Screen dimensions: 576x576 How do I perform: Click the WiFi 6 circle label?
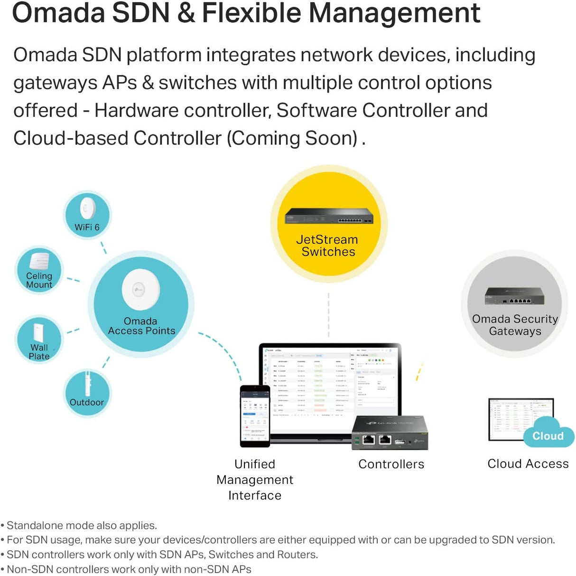click(87, 227)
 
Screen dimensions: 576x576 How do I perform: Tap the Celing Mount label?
click(39, 280)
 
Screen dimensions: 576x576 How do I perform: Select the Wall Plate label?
click(39, 352)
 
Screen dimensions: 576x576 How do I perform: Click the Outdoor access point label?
click(86, 402)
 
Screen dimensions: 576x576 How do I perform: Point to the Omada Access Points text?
click(141, 326)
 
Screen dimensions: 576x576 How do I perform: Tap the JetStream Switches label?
click(328, 246)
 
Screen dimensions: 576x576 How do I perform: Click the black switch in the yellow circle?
click(329, 217)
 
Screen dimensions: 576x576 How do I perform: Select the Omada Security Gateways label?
click(515, 325)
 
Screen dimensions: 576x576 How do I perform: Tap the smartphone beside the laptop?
click(255, 416)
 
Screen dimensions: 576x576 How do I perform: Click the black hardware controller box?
click(390, 433)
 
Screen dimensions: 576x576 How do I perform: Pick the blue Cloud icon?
click(548, 433)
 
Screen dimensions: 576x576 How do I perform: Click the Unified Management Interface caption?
click(255, 480)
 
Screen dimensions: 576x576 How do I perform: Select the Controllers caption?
click(391, 464)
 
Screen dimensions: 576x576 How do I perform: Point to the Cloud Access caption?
click(528, 463)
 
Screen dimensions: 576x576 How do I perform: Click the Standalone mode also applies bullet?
click(81, 525)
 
